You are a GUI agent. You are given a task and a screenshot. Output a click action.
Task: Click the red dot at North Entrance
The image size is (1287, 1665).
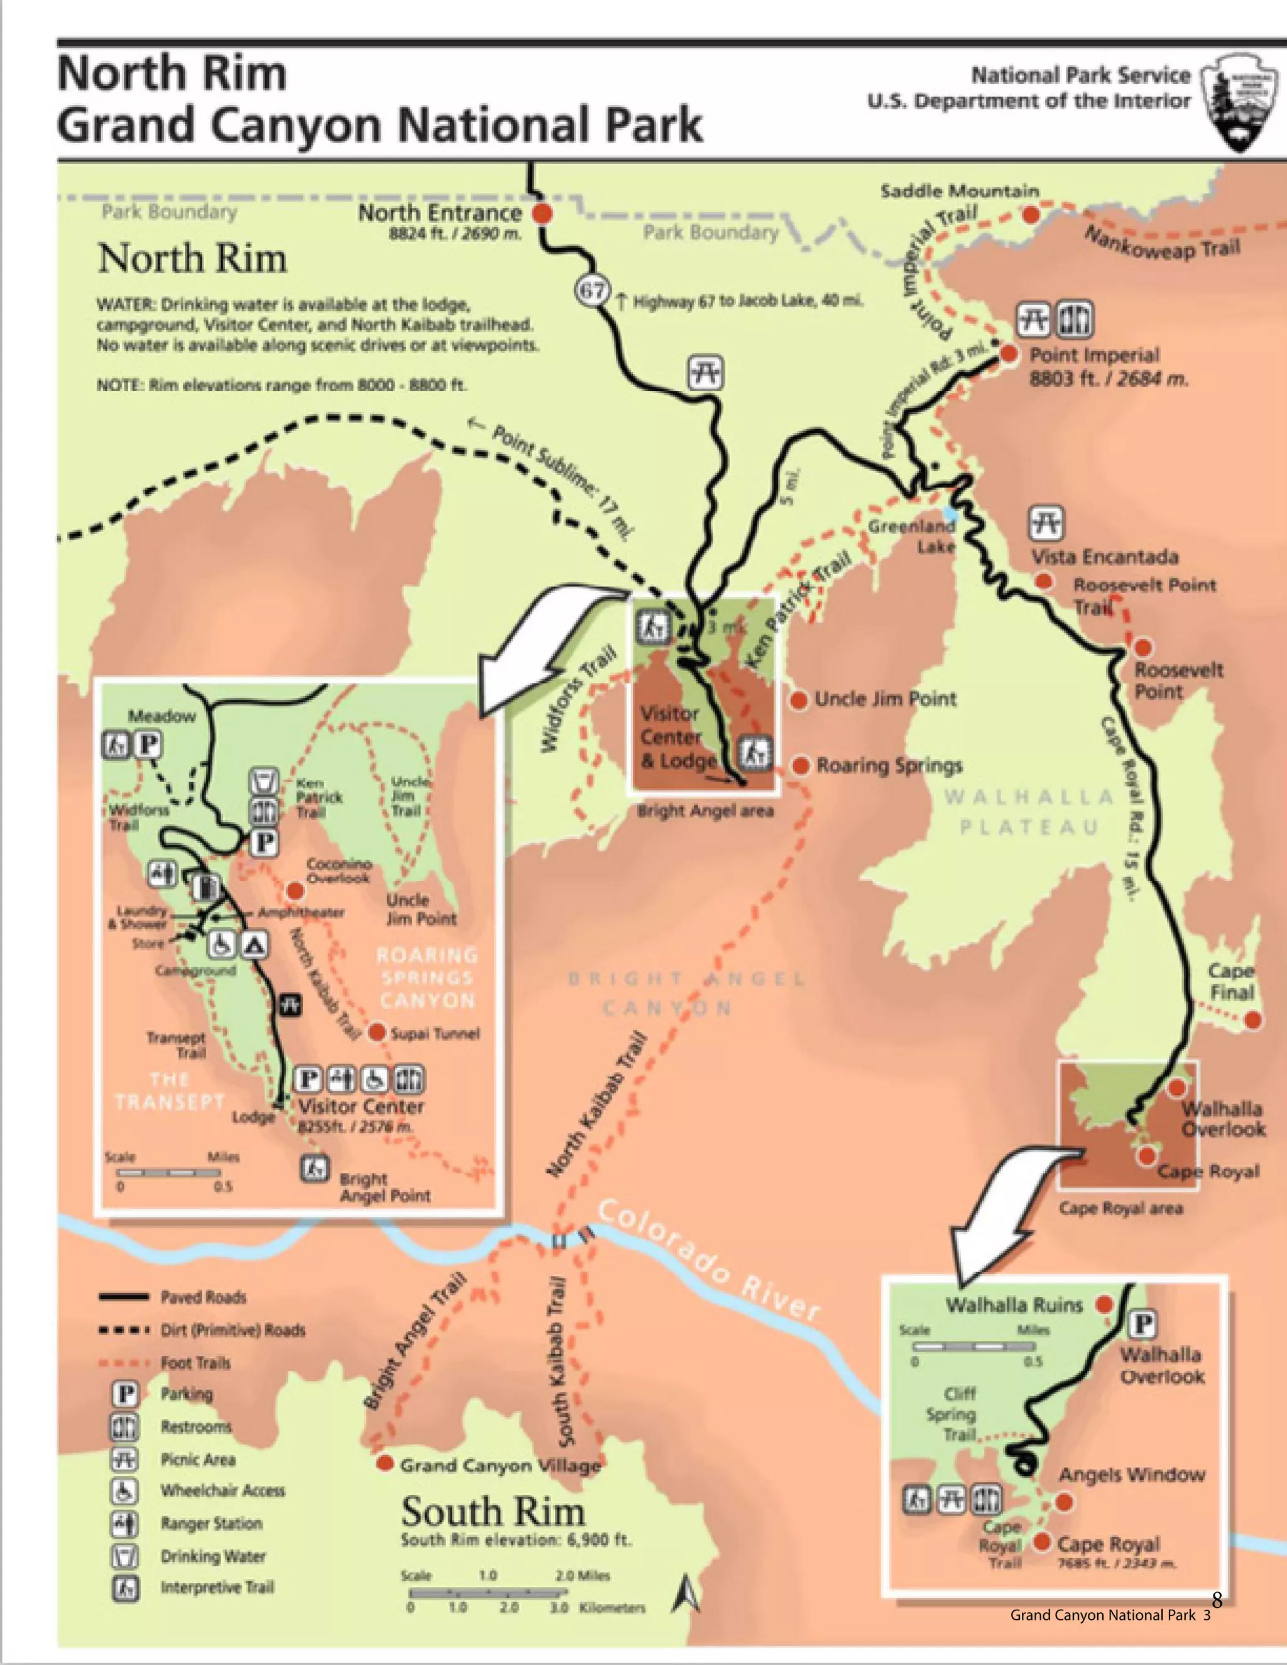541,214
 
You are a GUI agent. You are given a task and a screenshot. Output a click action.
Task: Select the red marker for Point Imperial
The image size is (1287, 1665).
1009,354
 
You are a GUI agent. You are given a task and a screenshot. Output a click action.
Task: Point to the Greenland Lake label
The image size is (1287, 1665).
912,536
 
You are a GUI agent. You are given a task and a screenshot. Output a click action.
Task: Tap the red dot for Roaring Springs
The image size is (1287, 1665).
800,765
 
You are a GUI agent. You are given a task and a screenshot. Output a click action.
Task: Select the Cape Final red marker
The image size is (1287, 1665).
1252,1020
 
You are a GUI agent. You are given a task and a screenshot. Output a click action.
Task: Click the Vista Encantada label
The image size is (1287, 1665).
1105,557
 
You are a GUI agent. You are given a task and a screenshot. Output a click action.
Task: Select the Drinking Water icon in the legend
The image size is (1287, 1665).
125,1556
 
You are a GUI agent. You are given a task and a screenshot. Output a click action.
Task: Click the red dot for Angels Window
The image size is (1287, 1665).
1065,1502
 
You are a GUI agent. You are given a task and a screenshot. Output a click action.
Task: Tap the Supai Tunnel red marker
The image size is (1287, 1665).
376,1032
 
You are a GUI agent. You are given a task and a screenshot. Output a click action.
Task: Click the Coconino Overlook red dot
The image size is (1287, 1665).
294,890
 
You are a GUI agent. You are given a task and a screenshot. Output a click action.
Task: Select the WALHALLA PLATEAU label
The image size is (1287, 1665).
1029,812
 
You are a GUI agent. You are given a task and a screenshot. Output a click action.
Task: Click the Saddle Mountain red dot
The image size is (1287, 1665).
1031,215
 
